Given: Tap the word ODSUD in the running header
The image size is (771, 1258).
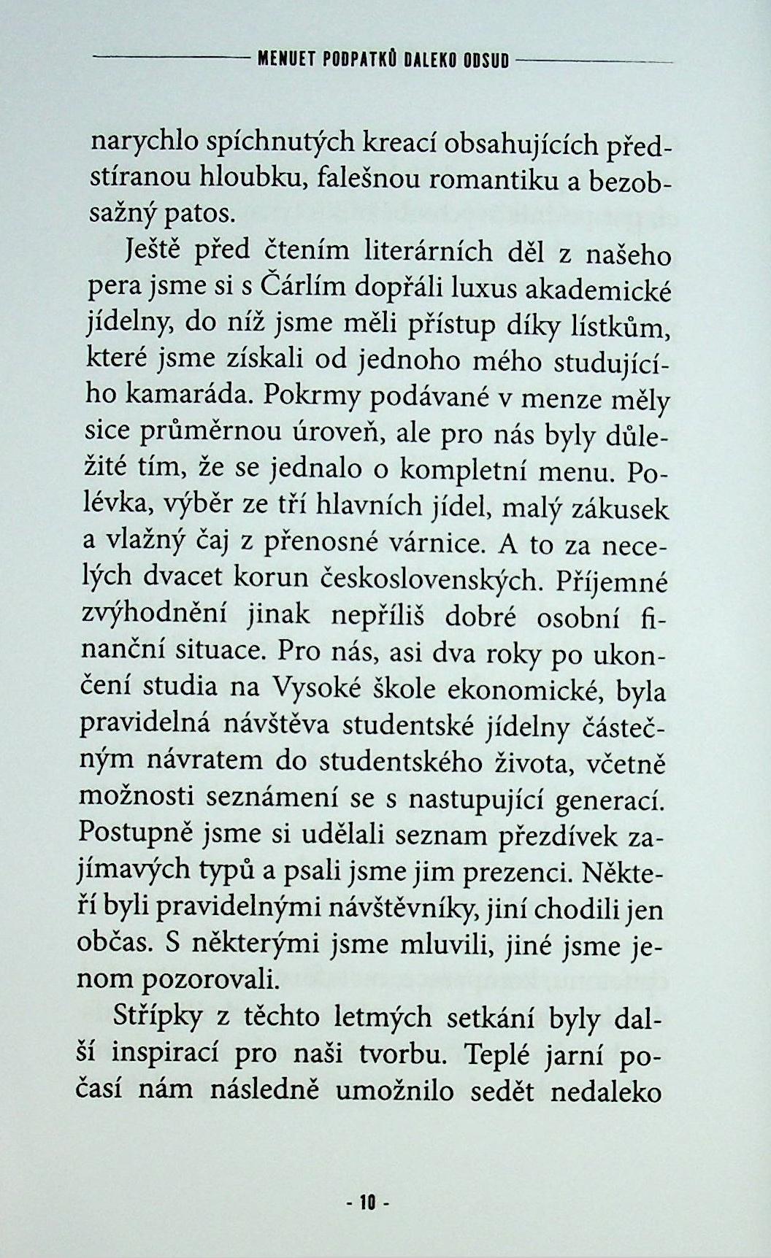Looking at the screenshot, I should (x=486, y=61).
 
